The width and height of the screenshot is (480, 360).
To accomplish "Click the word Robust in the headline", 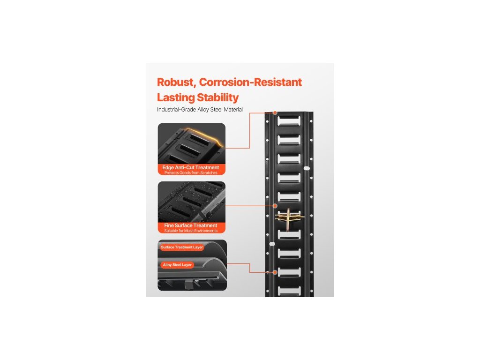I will click(x=175, y=82).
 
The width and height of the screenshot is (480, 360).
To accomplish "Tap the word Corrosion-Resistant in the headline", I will click(x=250, y=82).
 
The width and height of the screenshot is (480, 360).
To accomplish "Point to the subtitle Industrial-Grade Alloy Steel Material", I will click(x=200, y=110).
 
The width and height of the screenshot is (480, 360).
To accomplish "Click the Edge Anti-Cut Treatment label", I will click(x=191, y=167).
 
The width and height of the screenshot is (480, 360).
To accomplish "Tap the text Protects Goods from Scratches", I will click(x=191, y=173).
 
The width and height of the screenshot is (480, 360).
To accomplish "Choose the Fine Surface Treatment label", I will click(x=191, y=225).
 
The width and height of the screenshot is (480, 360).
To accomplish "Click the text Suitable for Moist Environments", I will click(x=191, y=231).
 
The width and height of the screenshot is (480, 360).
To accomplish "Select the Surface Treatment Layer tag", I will click(x=182, y=247).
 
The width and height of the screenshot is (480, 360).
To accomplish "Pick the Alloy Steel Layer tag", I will click(x=177, y=265).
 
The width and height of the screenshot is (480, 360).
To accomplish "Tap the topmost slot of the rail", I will click(x=289, y=121).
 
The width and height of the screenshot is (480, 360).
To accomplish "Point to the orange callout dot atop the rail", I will click(x=275, y=113).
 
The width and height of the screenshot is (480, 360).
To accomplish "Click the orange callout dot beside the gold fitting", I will click(x=275, y=206).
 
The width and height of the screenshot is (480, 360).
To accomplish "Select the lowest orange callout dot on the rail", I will click(x=275, y=271).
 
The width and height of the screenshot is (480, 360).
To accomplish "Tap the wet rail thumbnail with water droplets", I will click(x=191, y=202).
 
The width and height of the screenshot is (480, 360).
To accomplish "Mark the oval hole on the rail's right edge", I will click(x=307, y=168).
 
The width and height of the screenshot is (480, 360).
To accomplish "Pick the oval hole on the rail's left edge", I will click(x=271, y=244).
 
